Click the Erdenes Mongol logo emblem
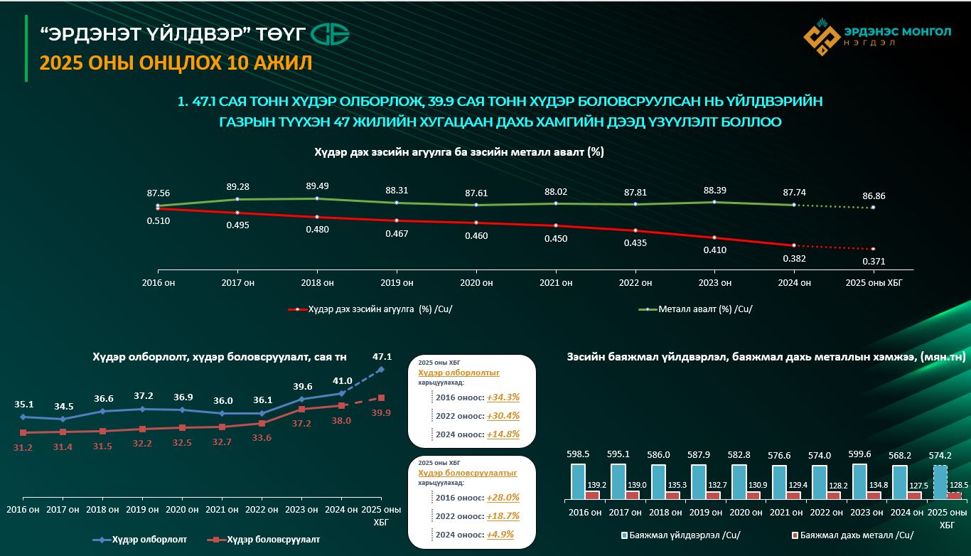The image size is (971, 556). coord(822,37)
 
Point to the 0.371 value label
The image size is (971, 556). coord(874,261)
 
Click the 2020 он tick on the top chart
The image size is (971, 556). coord(476,282)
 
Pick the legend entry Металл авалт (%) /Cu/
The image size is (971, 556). coord(704,309)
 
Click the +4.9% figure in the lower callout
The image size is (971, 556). coord(500,534)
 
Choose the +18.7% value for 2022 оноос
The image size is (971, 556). coord(503,515)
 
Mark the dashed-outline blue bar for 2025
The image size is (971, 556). coord(940,482)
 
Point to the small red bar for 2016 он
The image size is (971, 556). coord(592,494)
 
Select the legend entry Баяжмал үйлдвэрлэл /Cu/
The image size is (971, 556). coord(667,534)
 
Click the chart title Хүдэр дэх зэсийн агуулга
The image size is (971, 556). coord(459,152)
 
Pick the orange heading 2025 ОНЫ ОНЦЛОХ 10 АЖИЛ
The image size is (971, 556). coord(176,63)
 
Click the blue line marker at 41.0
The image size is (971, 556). coord(342,393)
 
